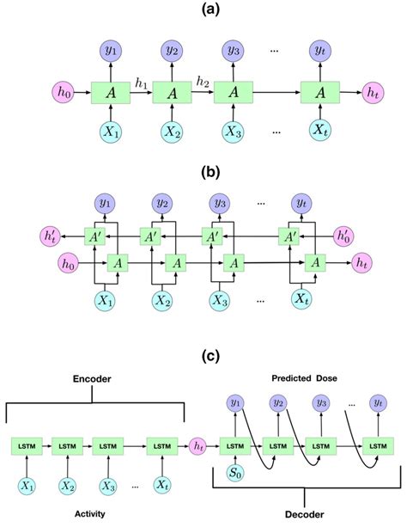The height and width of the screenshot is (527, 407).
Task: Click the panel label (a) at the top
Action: tap(203, 10)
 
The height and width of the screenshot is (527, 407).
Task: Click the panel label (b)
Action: tap(203, 172)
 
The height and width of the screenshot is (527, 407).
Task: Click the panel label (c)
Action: tap(203, 353)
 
